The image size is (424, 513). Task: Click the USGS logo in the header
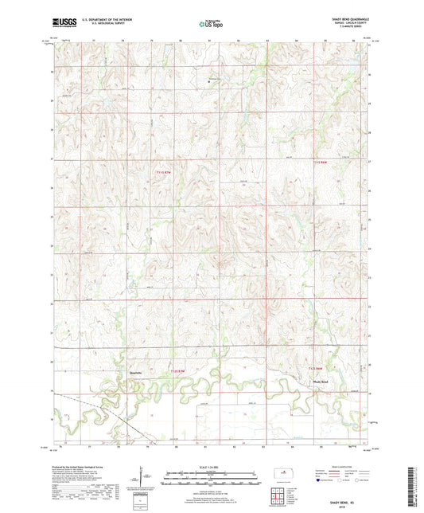tap(62, 23)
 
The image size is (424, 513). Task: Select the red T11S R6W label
tap(317, 163)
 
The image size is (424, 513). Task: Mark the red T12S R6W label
tap(316, 368)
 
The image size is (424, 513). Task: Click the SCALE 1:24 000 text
tap(212, 468)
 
